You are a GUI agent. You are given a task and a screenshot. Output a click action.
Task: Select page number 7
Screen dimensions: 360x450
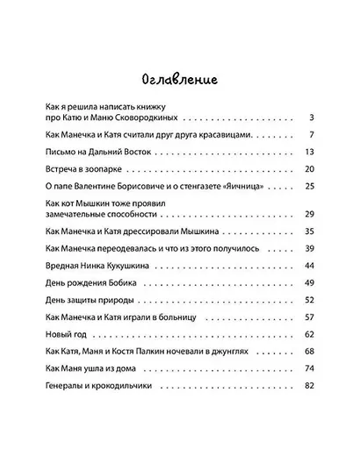pyautogui.click(x=312, y=135)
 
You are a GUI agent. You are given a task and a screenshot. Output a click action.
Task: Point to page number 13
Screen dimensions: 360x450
pyautogui.click(x=309, y=152)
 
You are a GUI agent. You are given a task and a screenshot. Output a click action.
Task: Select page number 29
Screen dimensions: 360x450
pyautogui.click(x=309, y=214)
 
